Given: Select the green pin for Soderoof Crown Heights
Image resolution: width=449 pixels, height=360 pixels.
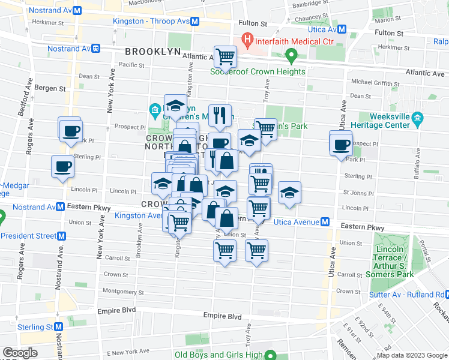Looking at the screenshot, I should (292, 58).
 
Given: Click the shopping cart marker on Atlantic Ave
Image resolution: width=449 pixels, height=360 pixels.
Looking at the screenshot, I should (225, 58).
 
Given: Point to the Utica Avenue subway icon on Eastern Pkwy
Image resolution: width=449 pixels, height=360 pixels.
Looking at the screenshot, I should (325, 222).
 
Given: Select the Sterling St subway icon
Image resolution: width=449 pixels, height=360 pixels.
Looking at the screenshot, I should (58, 327).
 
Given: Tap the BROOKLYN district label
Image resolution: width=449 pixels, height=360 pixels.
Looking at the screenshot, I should (152, 52).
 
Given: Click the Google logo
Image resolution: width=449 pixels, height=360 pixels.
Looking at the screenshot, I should (20, 353).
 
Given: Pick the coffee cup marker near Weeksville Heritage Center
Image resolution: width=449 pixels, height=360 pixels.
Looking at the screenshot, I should (341, 145).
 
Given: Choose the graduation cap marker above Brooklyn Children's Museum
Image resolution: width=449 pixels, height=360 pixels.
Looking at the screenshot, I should (175, 106).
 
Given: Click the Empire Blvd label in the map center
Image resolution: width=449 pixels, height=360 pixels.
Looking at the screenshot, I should (222, 316).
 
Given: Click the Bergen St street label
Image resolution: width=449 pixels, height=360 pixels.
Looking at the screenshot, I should (50, 88).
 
